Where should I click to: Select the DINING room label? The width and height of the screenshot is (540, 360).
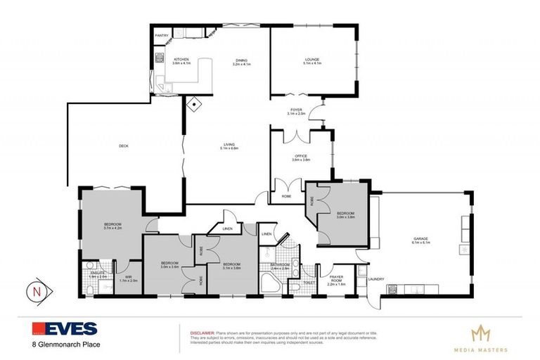(241, 60)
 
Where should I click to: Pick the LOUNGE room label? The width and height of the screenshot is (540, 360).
(311, 60)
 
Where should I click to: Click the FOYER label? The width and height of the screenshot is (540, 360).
(297, 110)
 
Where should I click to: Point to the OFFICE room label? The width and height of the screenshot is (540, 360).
(300, 157)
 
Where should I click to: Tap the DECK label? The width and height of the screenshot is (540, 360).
(123, 146)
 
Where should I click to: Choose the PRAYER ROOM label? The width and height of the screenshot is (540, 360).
(336, 278)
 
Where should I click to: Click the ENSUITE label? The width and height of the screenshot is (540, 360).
(98, 274)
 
